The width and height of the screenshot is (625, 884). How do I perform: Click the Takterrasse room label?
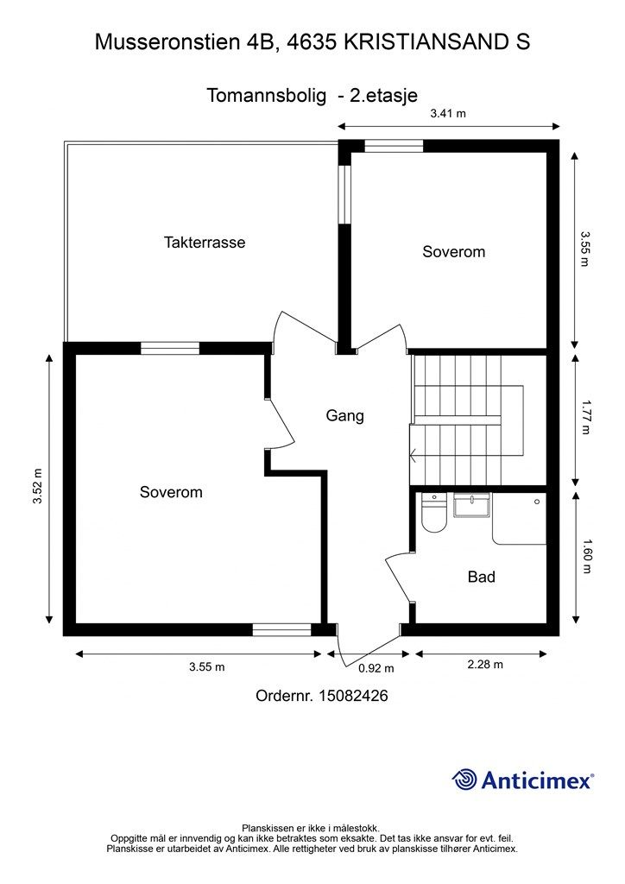tap(205, 243)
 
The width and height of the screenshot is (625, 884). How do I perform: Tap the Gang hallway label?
tap(345, 416)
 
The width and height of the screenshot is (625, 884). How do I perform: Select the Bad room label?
tap(482, 577)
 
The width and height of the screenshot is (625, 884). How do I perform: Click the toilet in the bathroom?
tap(434, 513)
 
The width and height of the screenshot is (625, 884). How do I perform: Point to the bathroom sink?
tap(471, 505)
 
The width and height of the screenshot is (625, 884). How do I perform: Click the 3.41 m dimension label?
tap(448, 113)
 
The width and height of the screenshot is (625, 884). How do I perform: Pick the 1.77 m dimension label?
tap(586, 417)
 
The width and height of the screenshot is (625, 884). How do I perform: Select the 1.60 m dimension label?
tap(586, 557)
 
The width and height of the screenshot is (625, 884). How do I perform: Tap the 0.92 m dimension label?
tap(376, 669)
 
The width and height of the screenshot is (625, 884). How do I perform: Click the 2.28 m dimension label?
tap(485, 665)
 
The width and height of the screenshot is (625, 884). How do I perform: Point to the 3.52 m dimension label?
tap(37, 486)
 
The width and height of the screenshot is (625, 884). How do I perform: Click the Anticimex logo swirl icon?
tap(464, 780)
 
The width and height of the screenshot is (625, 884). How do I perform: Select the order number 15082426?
tap(353, 696)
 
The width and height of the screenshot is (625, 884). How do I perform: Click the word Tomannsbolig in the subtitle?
tap(267, 95)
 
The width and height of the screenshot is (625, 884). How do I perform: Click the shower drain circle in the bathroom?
tap(537, 502)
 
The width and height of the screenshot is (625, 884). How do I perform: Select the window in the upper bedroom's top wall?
tap(394, 147)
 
